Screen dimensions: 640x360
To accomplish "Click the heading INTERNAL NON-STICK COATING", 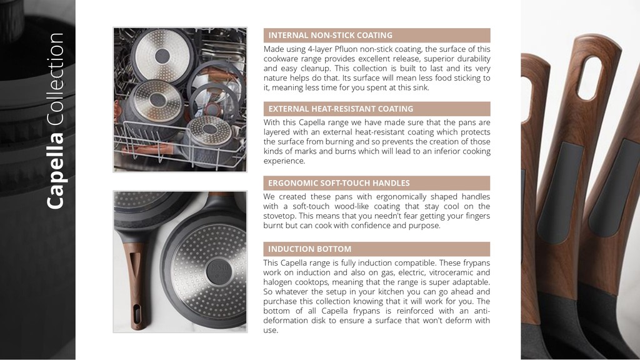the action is pos(330,36).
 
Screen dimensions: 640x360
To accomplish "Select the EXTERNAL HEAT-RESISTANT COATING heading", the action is pos(341,109).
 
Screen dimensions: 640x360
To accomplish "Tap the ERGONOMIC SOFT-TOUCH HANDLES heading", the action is pos(339,183).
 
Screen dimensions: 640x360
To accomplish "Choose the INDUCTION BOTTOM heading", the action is pos(309,249).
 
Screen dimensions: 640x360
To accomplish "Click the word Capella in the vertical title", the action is pos(55,171).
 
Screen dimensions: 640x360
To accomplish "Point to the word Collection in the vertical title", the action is pos(55,79).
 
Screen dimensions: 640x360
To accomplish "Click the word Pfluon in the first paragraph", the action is pos(346,49).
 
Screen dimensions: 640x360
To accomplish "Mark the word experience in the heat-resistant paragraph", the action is pos(284,161).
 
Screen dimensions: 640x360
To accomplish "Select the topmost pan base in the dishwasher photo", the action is pos(162,56).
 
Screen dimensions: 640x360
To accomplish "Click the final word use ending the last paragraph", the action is pos(270,331).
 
